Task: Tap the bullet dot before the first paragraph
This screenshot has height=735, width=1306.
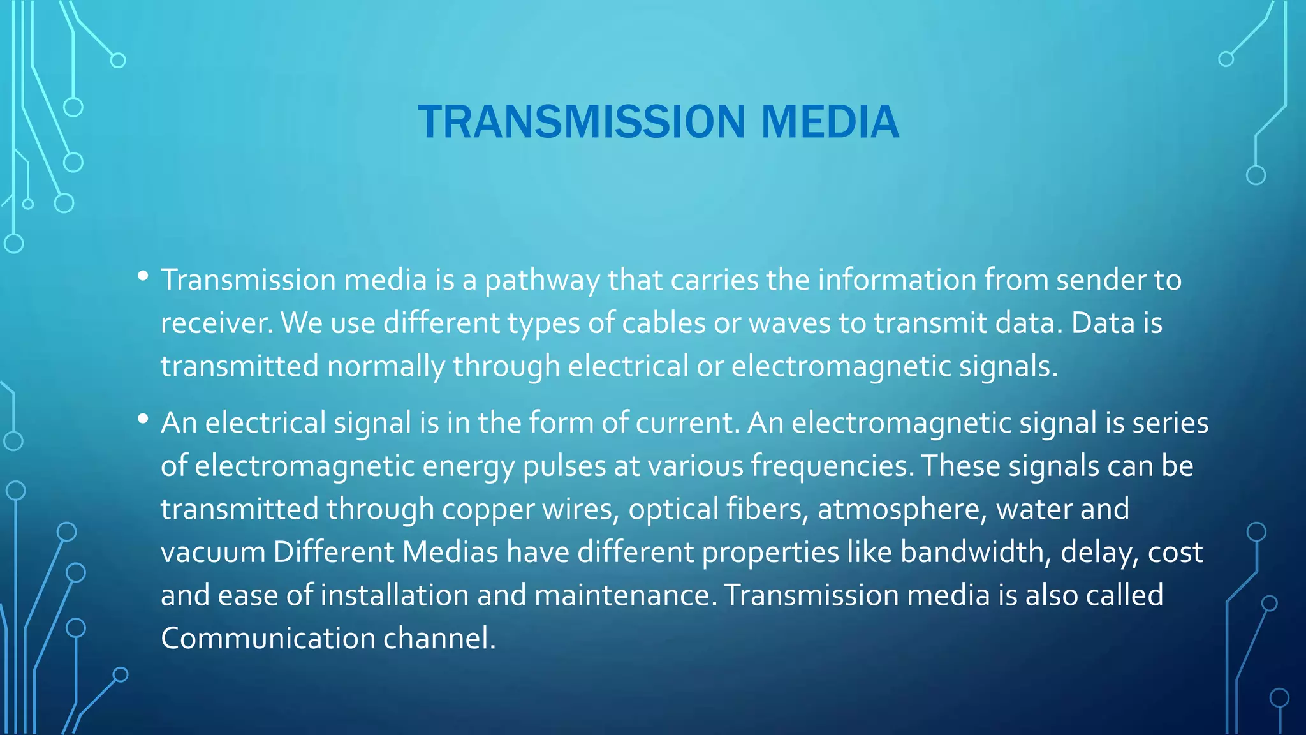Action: point(143,276)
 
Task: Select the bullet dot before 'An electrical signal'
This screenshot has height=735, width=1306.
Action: point(143,419)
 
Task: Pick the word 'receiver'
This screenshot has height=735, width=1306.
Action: point(213,323)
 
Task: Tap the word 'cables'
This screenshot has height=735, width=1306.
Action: point(664,323)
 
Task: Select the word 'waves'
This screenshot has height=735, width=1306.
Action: point(789,323)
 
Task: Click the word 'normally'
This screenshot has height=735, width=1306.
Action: point(386,367)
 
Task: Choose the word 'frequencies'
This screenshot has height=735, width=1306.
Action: point(828,467)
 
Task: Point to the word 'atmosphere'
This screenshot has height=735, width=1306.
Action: point(902,510)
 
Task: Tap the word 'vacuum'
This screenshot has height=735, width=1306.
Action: point(213,553)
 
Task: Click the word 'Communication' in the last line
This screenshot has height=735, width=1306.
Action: point(268,639)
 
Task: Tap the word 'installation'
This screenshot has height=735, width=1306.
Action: point(395,595)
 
